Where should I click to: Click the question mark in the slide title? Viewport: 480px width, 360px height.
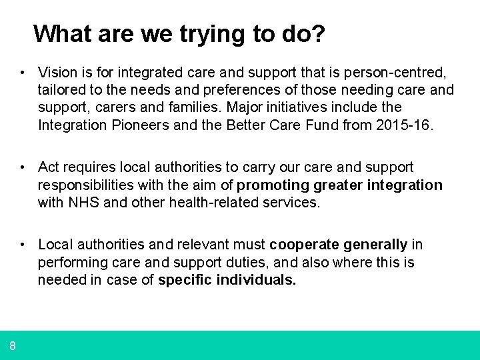pos(319,33)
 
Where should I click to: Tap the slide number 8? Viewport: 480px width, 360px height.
pos(13,345)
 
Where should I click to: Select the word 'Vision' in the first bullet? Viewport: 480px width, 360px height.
pos(57,71)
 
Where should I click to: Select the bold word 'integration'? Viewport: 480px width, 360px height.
pos(405,185)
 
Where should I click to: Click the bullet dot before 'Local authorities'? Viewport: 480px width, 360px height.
pos(23,245)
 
